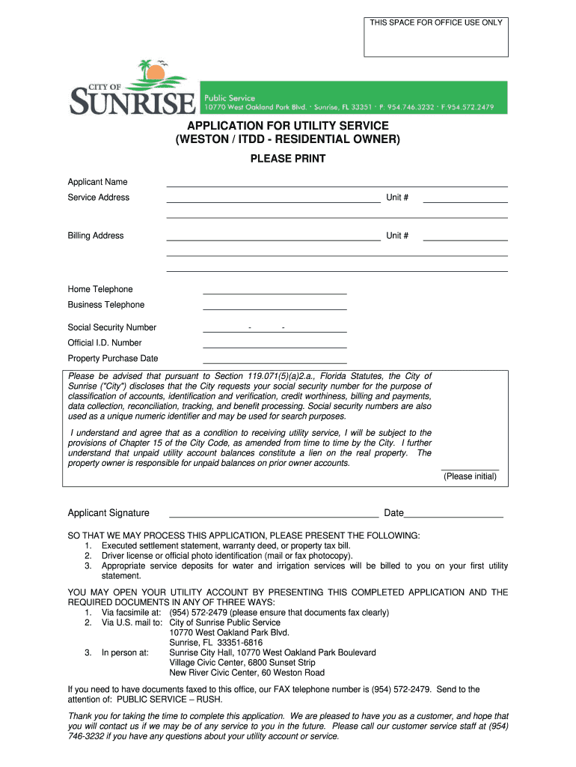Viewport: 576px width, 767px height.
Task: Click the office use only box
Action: pyautogui.click(x=436, y=37)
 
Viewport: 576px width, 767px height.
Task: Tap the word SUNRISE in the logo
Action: pyautogui.click(x=132, y=101)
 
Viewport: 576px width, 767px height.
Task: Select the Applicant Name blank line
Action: pyautogui.click(x=337, y=182)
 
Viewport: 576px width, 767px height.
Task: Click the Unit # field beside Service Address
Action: pyautogui.click(x=465, y=198)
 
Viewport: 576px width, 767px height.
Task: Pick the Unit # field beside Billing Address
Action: pyautogui.click(x=465, y=236)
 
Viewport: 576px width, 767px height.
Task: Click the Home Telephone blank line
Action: pyautogui.click(x=275, y=290)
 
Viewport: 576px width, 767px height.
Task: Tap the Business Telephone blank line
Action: pyautogui.click(x=275, y=305)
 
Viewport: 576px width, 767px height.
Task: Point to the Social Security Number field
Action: pyautogui.click(x=275, y=327)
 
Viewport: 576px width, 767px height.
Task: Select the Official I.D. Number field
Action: pyautogui.click(x=275, y=343)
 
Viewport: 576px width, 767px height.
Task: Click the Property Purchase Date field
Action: pyautogui.click(x=275, y=359)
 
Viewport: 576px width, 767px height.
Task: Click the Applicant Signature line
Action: pyautogui.click(x=274, y=513)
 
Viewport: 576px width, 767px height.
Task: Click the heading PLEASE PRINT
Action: pyautogui.click(x=288, y=159)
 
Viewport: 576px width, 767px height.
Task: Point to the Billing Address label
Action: pyautogui.click(x=96, y=236)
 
